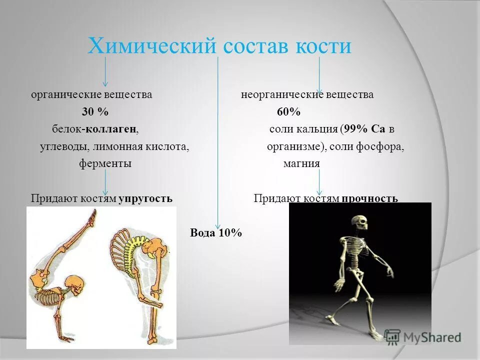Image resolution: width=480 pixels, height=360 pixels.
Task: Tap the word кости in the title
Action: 325,46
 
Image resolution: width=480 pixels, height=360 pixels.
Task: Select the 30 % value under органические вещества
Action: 95,112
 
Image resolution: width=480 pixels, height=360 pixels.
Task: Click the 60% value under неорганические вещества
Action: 288,112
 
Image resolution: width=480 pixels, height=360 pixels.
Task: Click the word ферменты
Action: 105,164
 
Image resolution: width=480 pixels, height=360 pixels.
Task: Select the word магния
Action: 301,164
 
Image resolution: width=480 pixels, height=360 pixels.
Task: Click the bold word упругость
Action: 145,198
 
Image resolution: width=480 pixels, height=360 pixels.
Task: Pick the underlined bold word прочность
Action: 370,198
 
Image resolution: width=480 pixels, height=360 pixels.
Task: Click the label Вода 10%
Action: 216,233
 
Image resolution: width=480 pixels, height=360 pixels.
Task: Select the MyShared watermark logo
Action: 422,336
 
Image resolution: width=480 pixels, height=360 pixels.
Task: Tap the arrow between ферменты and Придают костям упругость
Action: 105,182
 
